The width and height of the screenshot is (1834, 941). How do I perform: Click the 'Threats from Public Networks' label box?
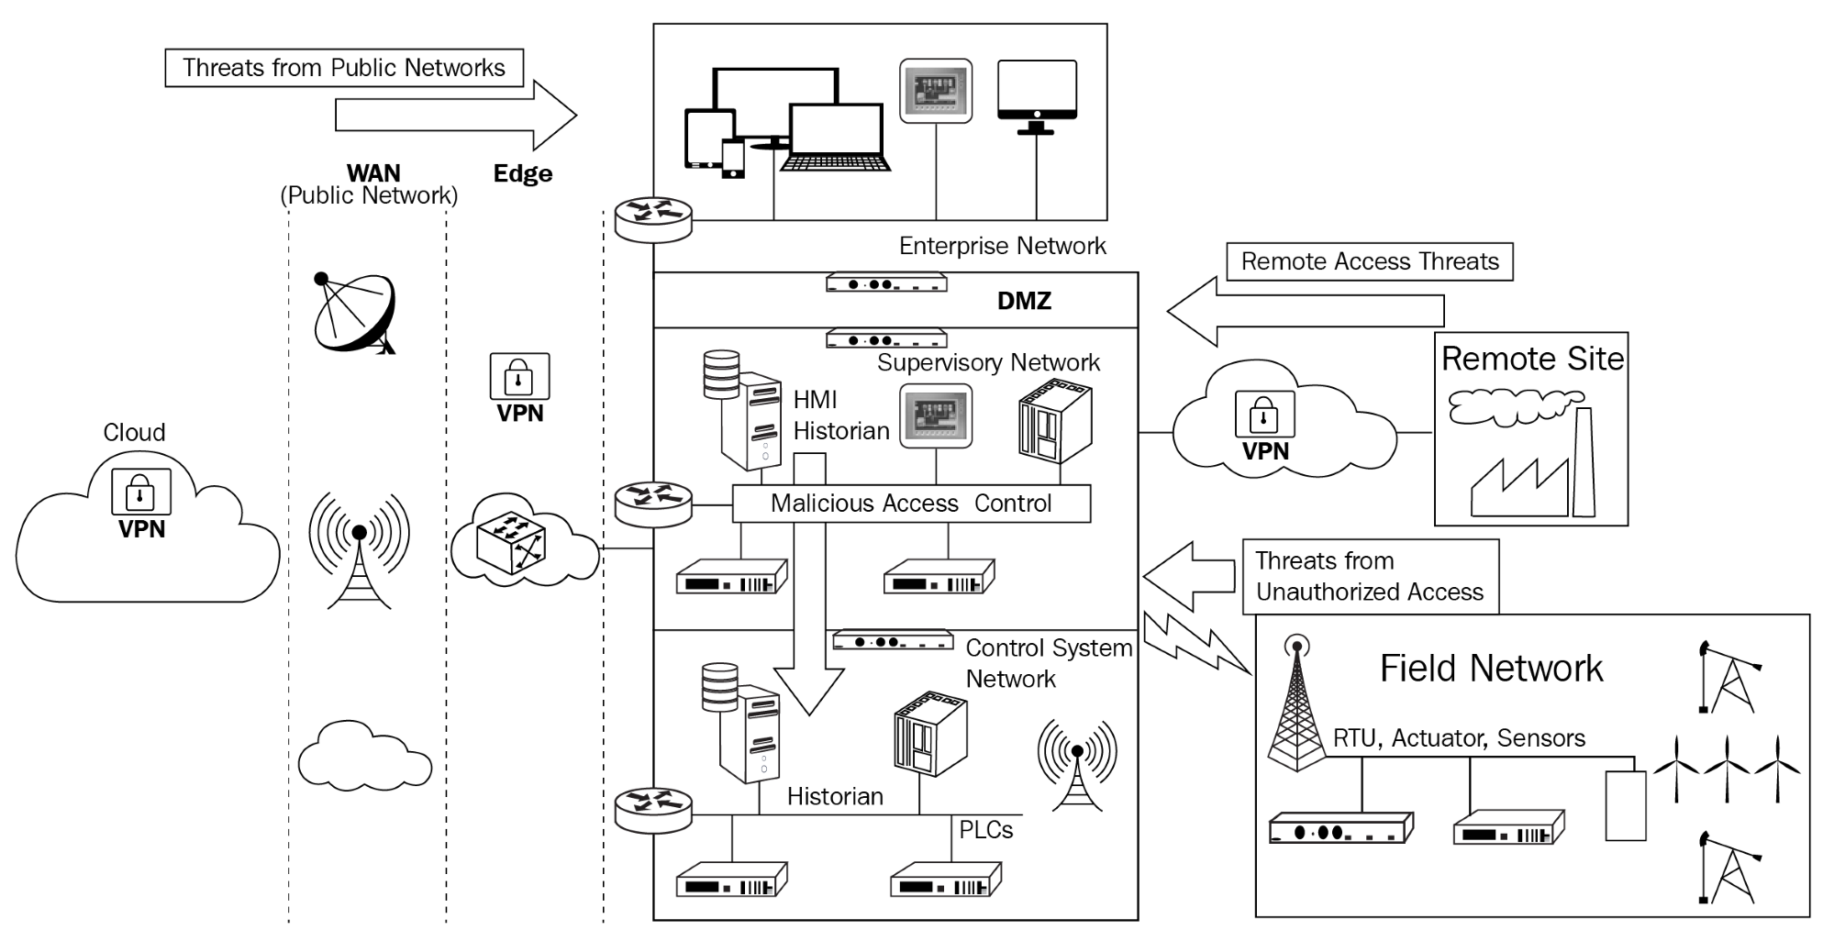coord(344,68)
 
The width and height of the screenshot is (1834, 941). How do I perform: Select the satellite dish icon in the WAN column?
coord(354,315)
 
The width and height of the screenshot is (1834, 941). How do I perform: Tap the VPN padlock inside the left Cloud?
coord(140,492)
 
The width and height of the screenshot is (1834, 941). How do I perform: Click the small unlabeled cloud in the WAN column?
coord(364,758)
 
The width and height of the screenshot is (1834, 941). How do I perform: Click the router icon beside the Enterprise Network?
coord(653,218)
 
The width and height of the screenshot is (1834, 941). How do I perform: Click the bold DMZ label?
coord(1024,301)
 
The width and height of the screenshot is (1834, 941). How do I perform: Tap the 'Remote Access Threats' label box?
coord(1369,261)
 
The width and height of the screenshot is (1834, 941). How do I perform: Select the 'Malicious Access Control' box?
coord(911,504)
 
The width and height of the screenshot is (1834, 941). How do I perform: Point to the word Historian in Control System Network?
coord(835,796)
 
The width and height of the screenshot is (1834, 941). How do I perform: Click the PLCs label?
coord(986,829)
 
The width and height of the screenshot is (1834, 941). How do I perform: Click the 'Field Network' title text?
coord(1491,669)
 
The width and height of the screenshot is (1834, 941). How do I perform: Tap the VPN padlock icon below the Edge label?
coord(519,376)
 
